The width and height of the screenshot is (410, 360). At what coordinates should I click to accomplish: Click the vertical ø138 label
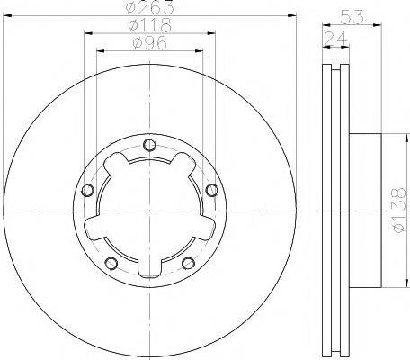(x=399, y=212)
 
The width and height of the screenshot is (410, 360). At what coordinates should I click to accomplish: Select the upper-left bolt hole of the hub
(x=88, y=190)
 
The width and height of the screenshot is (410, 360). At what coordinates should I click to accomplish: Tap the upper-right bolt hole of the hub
(x=210, y=190)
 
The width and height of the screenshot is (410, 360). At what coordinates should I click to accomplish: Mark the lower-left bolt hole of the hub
(x=111, y=263)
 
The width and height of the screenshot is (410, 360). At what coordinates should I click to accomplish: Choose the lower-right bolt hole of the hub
(x=188, y=263)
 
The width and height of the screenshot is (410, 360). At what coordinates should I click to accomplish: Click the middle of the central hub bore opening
(x=149, y=212)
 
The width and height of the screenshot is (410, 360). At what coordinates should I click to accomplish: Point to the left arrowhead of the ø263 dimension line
(x=7, y=16)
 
